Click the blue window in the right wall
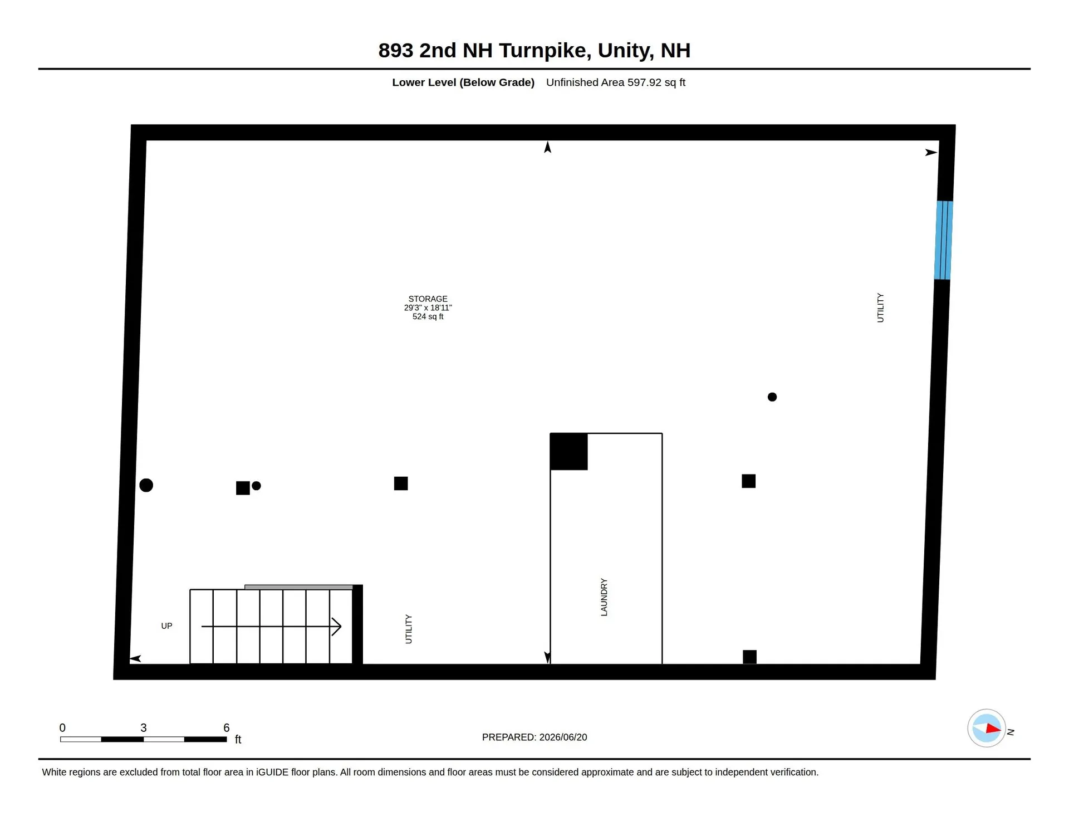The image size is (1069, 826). [x=944, y=240]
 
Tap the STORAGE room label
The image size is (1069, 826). [x=428, y=299]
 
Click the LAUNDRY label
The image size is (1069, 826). [x=604, y=597]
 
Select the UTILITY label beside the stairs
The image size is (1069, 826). [x=409, y=629]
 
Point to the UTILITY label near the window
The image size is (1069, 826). [x=880, y=307]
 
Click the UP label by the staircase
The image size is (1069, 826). [x=166, y=626]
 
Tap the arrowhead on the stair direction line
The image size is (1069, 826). [x=337, y=627]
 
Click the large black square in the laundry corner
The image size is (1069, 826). [x=568, y=452]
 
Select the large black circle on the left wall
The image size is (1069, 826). [x=146, y=485]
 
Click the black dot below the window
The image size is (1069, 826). [x=772, y=397]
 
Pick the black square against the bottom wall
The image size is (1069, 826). [x=750, y=657]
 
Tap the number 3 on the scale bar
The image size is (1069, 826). [x=144, y=727]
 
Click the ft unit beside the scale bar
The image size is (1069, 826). [x=238, y=739]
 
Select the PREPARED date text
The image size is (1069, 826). [x=534, y=737]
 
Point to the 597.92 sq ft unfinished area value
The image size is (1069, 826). [x=656, y=82]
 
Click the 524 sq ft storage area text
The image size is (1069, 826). [x=428, y=316]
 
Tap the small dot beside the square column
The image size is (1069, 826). [x=256, y=486]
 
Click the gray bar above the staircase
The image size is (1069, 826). [x=299, y=587]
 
